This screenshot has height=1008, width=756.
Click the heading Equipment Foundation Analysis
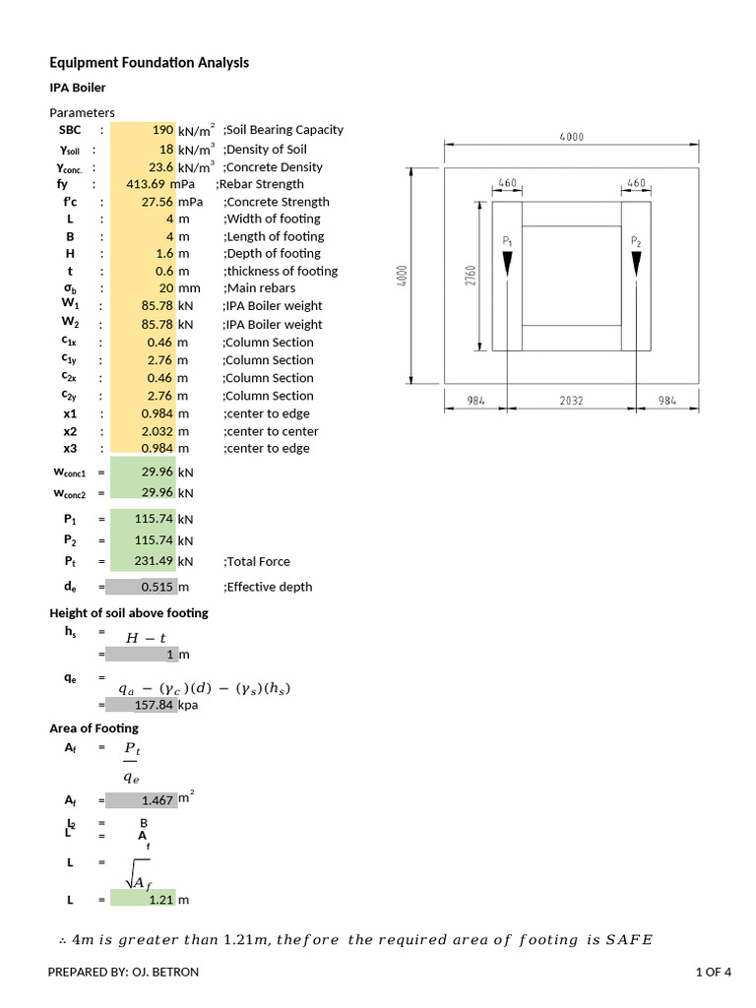click(x=149, y=63)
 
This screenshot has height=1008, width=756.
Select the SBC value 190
click(x=162, y=130)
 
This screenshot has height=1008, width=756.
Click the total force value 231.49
click(x=154, y=561)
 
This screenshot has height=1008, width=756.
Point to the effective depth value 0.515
click(x=157, y=587)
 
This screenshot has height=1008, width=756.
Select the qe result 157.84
click(x=153, y=705)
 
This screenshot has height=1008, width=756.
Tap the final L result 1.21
click(x=160, y=899)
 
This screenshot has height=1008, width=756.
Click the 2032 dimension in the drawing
click(x=572, y=400)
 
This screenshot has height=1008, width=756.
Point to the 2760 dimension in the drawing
click(x=471, y=277)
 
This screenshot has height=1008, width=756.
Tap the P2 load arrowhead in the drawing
click(x=636, y=264)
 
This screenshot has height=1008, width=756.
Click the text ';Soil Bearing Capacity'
click(x=283, y=130)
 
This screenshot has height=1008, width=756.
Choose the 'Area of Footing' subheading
click(x=94, y=728)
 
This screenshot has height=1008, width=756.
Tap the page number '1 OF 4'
click(x=713, y=973)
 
